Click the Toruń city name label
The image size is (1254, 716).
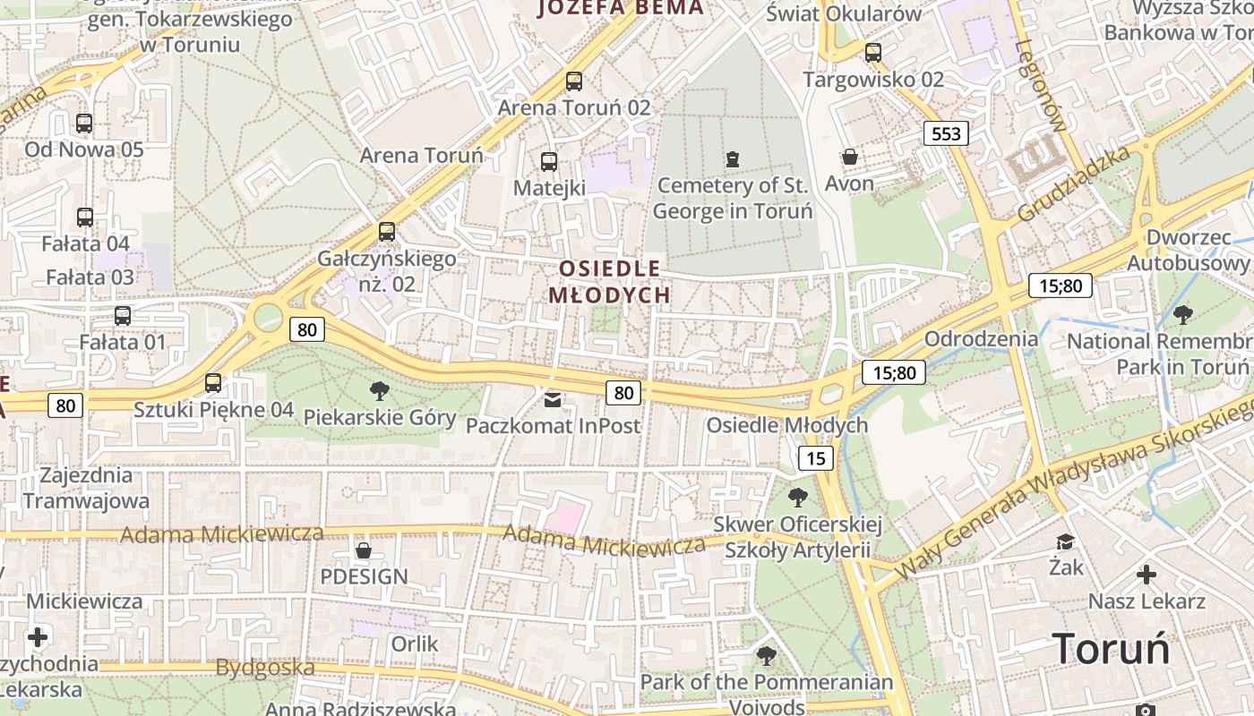pyautogui.click(x=1111, y=648)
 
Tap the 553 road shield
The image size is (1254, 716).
pyautogui.click(x=946, y=134)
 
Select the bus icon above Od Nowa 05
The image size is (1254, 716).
pyautogui.click(x=84, y=124)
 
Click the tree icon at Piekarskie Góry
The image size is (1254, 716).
pyautogui.click(x=380, y=390)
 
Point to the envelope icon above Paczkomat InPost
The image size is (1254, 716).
pyautogui.click(x=554, y=399)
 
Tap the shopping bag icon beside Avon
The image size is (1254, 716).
pyautogui.click(x=850, y=158)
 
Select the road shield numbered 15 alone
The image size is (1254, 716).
pyautogui.click(x=815, y=459)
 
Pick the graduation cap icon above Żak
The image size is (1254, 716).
pyautogui.click(x=1065, y=541)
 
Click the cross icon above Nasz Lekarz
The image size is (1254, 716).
pyautogui.click(x=1147, y=574)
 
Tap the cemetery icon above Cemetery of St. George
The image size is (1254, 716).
pyautogui.click(x=733, y=160)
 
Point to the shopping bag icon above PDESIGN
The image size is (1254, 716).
pyautogui.click(x=364, y=550)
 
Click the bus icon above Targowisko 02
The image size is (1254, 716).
pyautogui.click(x=873, y=53)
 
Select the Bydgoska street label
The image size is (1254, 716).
pyautogui.click(x=265, y=668)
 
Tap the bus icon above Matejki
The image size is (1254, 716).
pyautogui.click(x=549, y=162)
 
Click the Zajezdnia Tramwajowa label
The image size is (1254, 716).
pyautogui.click(x=86, y=488)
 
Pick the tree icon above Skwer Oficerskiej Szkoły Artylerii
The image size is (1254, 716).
pyautogui.click(x=797, y=497)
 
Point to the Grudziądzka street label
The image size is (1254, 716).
pyautogui.click(x=1073, y=185)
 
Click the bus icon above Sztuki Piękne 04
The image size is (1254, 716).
pyautogui.click(x=213, y=383)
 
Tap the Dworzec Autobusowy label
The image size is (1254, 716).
pyautogui.click(x=1188, y=251)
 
